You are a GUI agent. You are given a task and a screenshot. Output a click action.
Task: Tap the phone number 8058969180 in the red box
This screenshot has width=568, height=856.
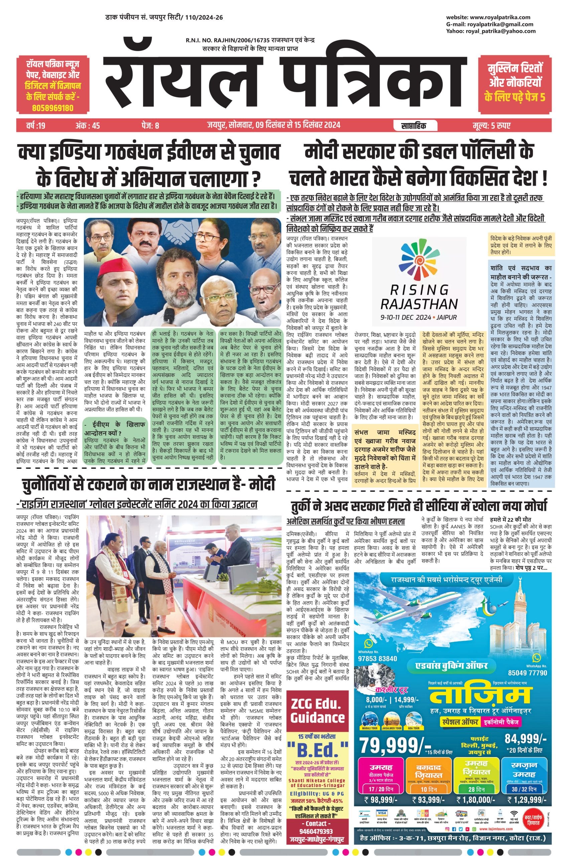(52, 108)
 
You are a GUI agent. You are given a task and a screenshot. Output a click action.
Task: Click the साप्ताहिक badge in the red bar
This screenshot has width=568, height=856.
(413, 125)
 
